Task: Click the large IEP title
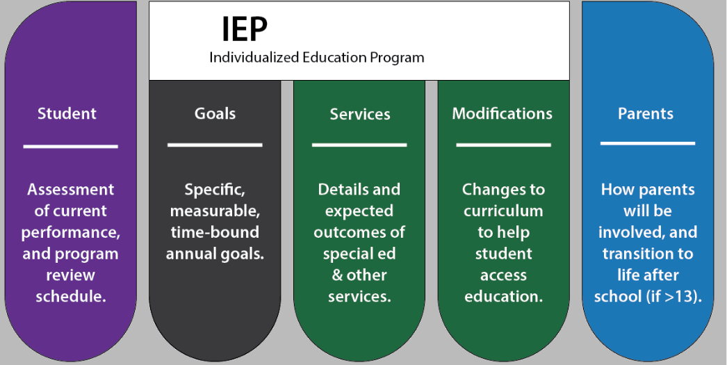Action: [x=245, y=29]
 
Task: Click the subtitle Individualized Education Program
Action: [x=317, y=58]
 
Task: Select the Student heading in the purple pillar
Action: [x=67, y=113]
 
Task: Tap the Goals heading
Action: [x=215, y=113]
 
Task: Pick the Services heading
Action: [x=360, y=114]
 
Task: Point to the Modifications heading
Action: [x=503, y=113]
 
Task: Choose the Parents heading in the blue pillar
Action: [x=646, y=113]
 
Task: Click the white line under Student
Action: [x=70, y=147]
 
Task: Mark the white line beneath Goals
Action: [x=215, y=145]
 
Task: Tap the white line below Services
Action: [x=359, y=145]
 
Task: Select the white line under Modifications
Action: [x=503, y=145]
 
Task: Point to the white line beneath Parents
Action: [x=648, y=143]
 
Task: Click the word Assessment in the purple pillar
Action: [x=70, y=189]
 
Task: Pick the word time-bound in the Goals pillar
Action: [x=215, y=232]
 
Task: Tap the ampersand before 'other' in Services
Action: [x=338, y=275]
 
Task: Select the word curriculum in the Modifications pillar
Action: [x=503, y=211]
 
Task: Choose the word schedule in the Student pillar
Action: [x=71, y=297]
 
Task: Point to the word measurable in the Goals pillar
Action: [x=215, y=211]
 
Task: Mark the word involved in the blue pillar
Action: [x=628, y=232]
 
